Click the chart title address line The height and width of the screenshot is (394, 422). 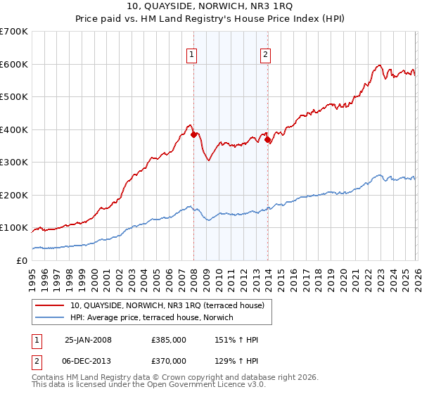(210, 7)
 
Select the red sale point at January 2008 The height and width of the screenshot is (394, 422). (193, 134)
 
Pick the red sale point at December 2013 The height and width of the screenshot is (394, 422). (268, 139)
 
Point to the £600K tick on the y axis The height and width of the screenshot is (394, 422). (14, 64)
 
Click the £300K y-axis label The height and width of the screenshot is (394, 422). (14, 163)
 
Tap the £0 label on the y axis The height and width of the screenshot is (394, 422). (21, 261)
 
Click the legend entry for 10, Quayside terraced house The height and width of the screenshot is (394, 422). (167, 305)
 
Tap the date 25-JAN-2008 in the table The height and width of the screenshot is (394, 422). (88, 340)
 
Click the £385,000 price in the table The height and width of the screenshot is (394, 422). (168, 340)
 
